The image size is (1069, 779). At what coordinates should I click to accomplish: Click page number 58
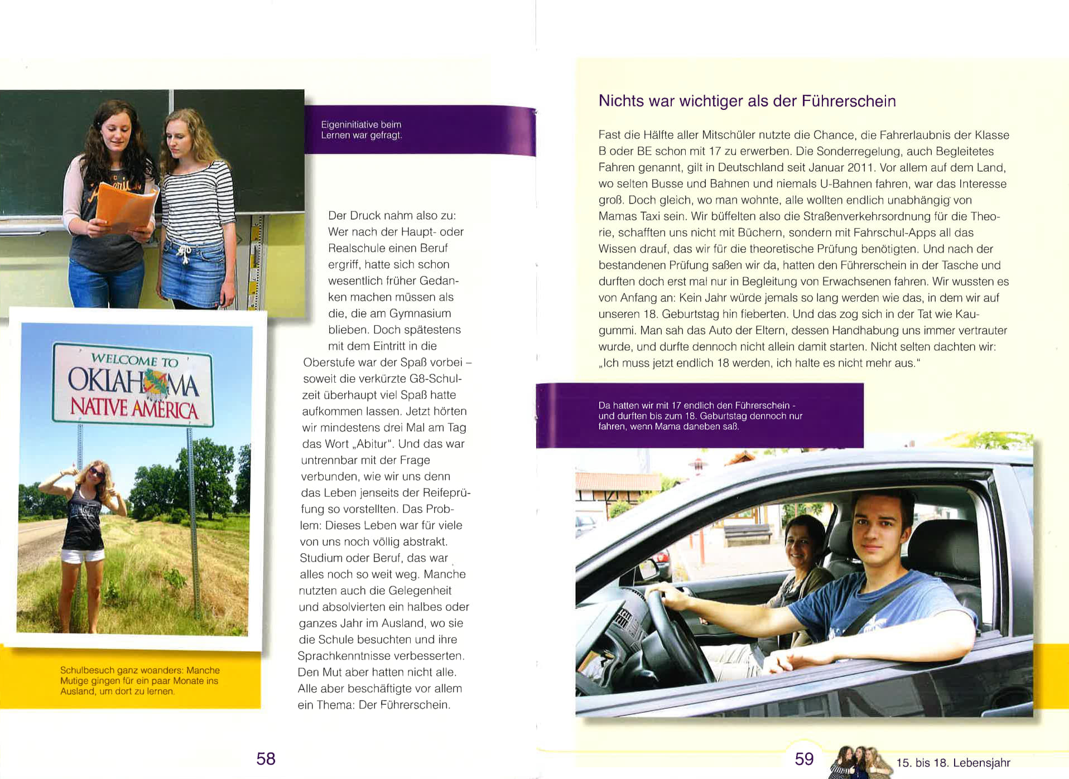(x=266, y=758)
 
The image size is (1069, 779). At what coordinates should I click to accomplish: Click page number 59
(x=804, y=759)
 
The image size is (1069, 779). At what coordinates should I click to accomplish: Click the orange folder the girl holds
(x=126, y=207)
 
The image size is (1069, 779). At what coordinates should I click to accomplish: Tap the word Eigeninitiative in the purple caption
(x=349, y=124)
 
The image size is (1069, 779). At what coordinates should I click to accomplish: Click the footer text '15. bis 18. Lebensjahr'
(x=953, y=763)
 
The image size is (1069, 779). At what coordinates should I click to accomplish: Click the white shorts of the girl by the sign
(x=83, y=555)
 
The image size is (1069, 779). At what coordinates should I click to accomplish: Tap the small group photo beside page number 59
(x=860, y=761)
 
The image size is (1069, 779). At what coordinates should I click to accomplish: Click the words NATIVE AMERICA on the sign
(x=134, y=408)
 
